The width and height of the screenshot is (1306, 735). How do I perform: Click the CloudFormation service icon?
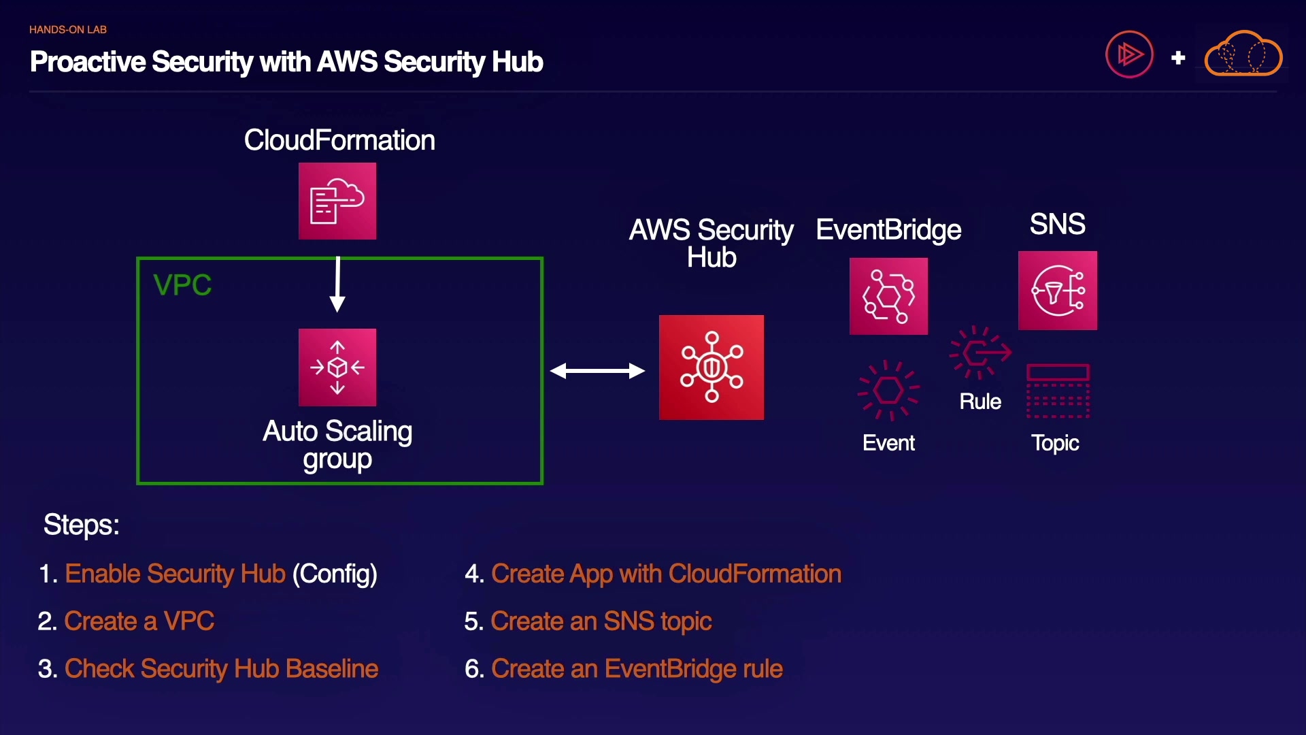[337, 201]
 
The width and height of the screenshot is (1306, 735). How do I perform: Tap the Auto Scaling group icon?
[337, 367]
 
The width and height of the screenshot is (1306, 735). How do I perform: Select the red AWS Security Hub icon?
[711, 367]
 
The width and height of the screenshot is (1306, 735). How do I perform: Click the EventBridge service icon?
[888, 296]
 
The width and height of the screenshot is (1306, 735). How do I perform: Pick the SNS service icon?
[1058, 291]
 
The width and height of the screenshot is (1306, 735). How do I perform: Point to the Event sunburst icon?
[888, 390]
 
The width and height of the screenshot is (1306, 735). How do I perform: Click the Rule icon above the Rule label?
[980, 352]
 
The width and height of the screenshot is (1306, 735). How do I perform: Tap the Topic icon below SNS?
[1058, 391]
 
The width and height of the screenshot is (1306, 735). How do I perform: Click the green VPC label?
[182, 285]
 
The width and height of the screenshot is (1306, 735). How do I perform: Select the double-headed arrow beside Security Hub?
[597, 371]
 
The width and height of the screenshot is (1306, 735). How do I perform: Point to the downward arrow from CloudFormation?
[337, 284]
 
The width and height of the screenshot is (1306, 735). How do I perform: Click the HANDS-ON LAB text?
[68, 30]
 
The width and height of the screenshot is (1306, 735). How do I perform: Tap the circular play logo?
[1129, 54]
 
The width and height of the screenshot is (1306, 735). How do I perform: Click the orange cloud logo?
[1243, 54]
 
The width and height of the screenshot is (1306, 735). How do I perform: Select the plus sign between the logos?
[1178, 58]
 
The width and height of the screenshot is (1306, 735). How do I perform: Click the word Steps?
[82, 525]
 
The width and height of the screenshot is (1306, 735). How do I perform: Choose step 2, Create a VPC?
[139, 621]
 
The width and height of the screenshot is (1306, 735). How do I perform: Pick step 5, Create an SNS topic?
[601, 621]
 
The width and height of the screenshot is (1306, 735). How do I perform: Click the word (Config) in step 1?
[335, 574]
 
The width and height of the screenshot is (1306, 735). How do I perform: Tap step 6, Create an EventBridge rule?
[637, 669]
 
